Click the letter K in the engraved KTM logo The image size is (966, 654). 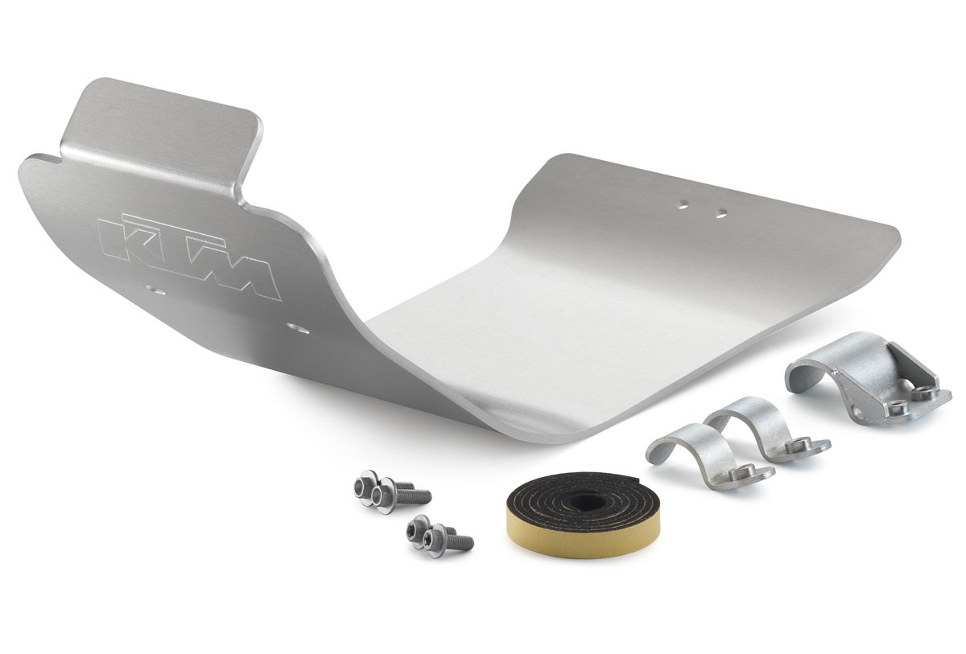(x=126, y=242)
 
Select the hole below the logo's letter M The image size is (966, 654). (x=299, y=329)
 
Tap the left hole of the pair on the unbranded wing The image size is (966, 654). (x=683, y=204)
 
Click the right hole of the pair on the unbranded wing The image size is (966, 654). (x=720, y=212)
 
